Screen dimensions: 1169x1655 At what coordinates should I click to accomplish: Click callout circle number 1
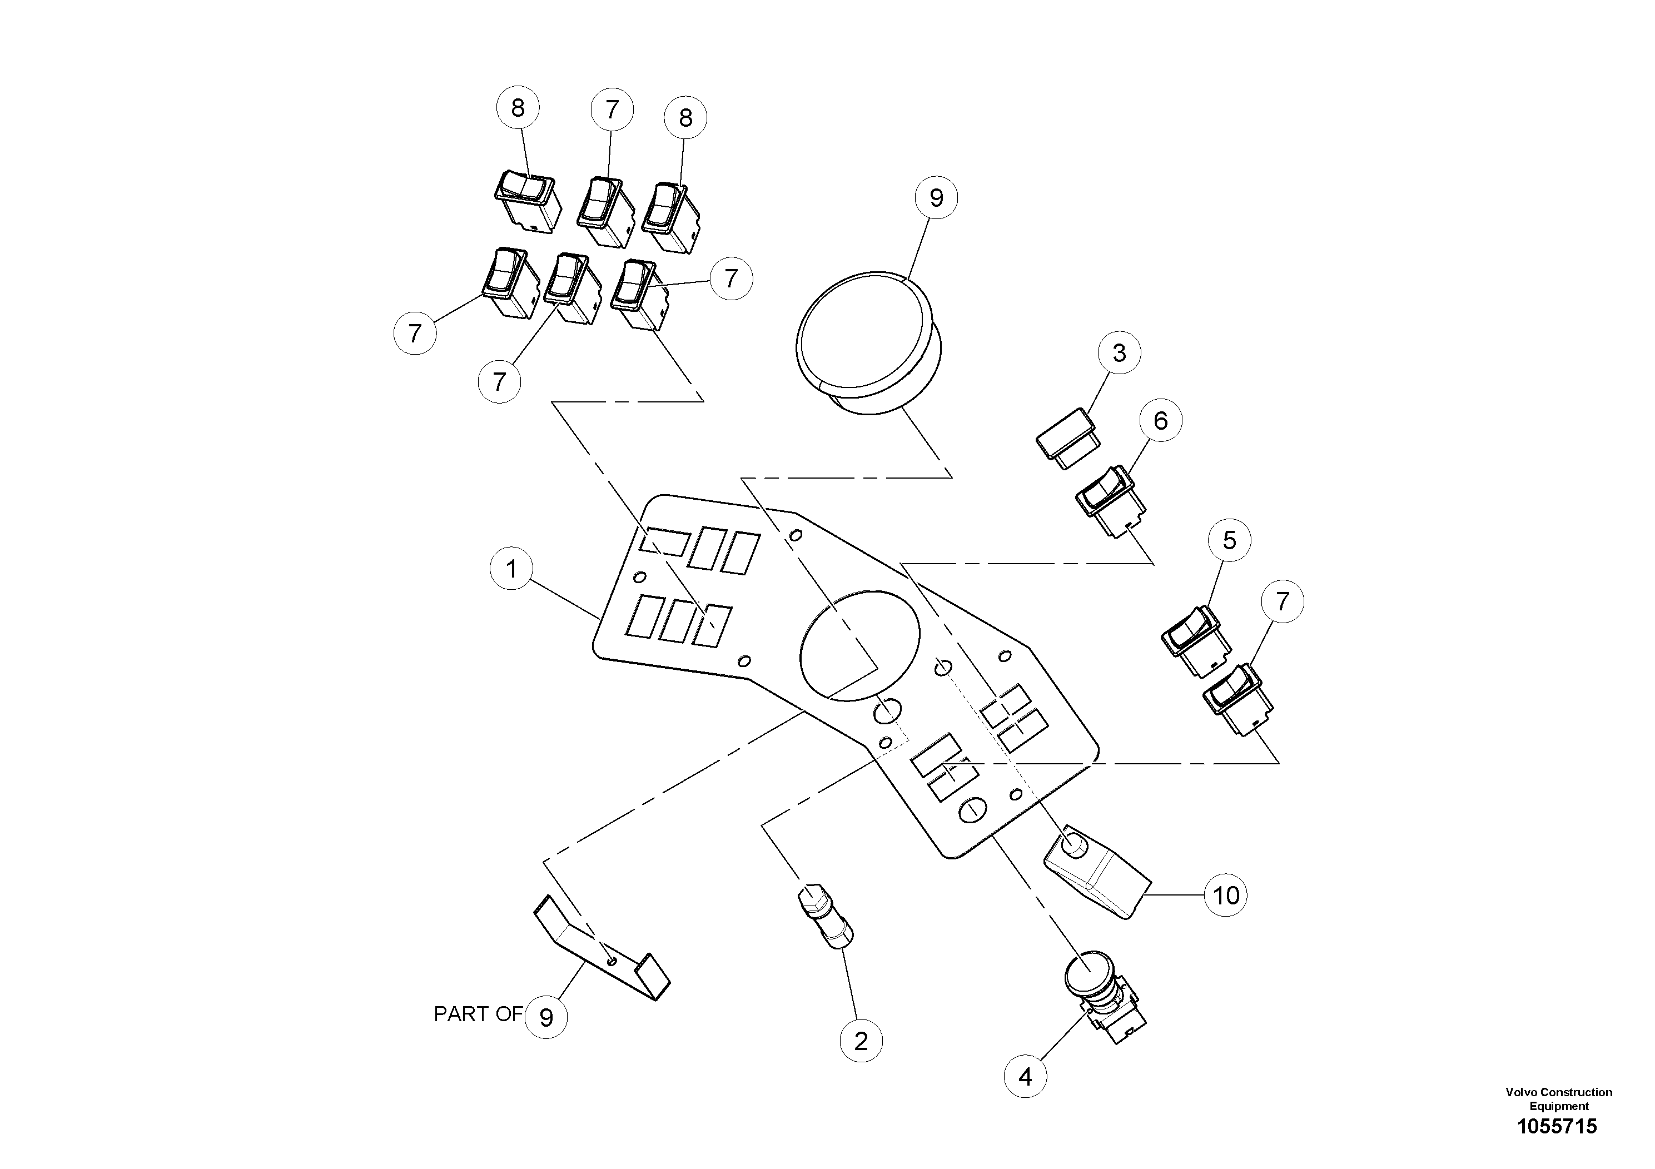click(x=511, y=569)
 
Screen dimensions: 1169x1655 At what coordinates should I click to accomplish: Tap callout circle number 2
click(x=861, y=1041)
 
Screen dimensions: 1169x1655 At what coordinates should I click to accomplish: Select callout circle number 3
click(x=1119, y=352)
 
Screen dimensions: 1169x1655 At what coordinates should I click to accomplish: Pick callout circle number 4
click(x=1025, y=1077)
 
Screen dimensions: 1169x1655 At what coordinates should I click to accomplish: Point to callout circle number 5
click(x=1230, y=540)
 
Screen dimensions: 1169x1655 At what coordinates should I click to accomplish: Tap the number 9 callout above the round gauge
click(x=936, y=197)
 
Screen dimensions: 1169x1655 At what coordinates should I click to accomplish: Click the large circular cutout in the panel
click(x=860, y=645)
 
